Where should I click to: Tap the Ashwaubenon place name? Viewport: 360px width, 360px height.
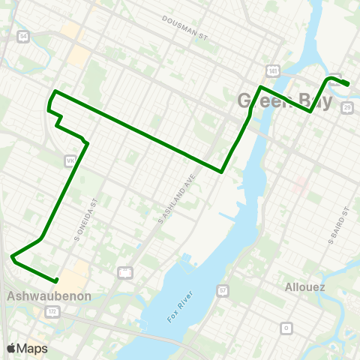[49, 296]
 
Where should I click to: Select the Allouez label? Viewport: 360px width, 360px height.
[306, 286]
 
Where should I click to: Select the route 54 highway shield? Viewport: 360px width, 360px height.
[24, 35]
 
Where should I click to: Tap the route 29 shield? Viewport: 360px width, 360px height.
[346, 109]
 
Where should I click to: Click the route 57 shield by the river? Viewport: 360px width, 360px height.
[223, 289]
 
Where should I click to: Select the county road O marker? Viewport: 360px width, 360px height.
[285, 328]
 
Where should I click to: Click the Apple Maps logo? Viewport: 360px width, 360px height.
[27, 348]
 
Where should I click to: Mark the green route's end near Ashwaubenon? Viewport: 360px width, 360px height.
[56, 280]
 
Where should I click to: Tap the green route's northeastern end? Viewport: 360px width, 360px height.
[349, 84]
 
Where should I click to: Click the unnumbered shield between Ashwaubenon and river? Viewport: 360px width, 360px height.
[126, 272]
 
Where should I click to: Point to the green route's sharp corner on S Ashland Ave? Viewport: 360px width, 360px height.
[222, 171]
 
